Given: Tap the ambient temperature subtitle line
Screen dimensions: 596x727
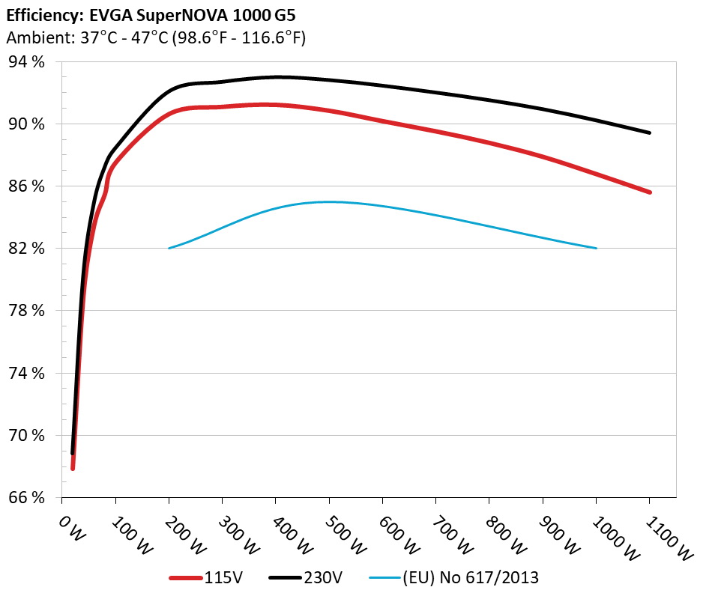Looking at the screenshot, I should [x=156, y=37].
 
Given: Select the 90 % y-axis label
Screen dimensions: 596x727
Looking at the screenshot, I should [x=26, y=124].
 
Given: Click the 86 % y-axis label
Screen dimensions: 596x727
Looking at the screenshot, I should [x=26, y=186].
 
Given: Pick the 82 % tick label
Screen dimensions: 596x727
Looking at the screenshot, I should [x=26, y=248].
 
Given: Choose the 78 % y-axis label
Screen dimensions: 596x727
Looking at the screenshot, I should [x=26, y=310].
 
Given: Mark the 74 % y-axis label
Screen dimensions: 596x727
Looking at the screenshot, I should [x=26, y=372].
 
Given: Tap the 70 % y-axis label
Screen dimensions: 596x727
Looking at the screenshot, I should [x=26, y=434].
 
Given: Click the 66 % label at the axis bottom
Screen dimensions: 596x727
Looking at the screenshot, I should [x=26, y=496].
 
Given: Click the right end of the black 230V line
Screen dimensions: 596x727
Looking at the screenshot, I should [x=649, y=133].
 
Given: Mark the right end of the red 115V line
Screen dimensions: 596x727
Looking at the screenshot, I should [x=649, y=192].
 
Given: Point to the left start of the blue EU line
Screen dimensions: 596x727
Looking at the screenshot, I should [x=169, y=248].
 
